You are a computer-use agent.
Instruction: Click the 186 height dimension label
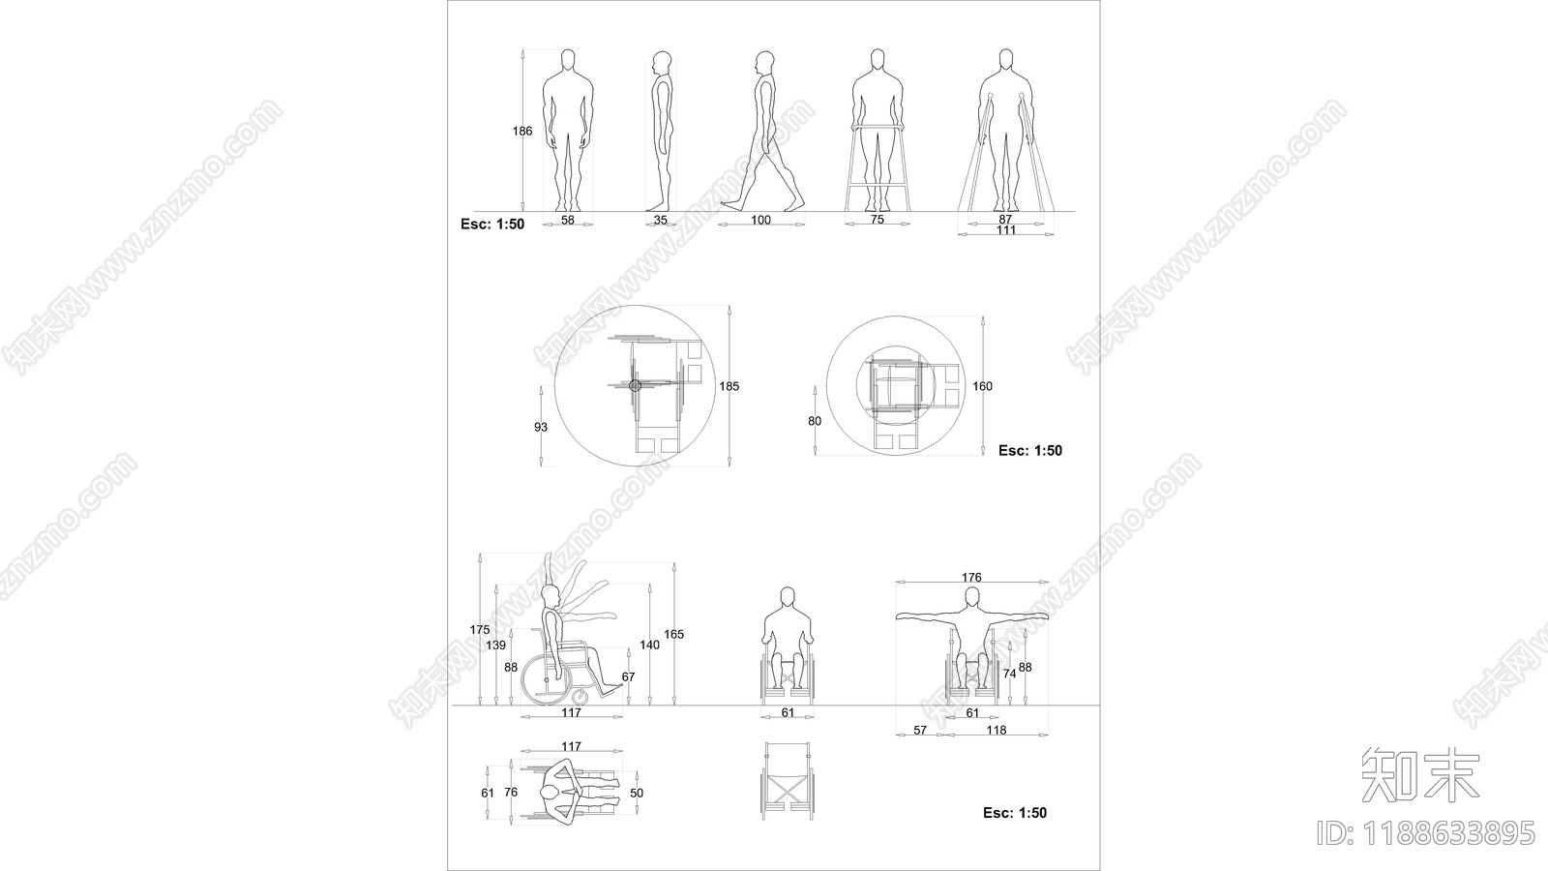(521, 131)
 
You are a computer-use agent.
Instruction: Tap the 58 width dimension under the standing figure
(567, 220)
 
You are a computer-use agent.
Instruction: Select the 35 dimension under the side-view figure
(661, 220)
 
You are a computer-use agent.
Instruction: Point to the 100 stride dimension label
(760, 220)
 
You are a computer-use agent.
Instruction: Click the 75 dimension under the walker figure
(877, 219)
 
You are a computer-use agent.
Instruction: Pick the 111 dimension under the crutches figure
(1006, 230)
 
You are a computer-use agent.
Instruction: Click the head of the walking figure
(763, 63)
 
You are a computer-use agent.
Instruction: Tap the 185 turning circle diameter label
(729, 386)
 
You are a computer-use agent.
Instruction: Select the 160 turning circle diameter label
(982, 386)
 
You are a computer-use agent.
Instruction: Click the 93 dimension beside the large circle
(541, 427)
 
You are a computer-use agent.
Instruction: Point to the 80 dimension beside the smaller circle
(815, 421)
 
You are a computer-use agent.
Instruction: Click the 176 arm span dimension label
(971, 577)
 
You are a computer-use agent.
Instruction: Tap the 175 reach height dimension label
(480, 630)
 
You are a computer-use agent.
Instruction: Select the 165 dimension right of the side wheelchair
(673, 634)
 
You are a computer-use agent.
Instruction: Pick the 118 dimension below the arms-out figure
(996, 730)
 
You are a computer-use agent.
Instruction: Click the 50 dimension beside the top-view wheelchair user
(637, 793)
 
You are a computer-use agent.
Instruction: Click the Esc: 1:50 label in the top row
(492, 224)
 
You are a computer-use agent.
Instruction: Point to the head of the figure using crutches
(1006, 59)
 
